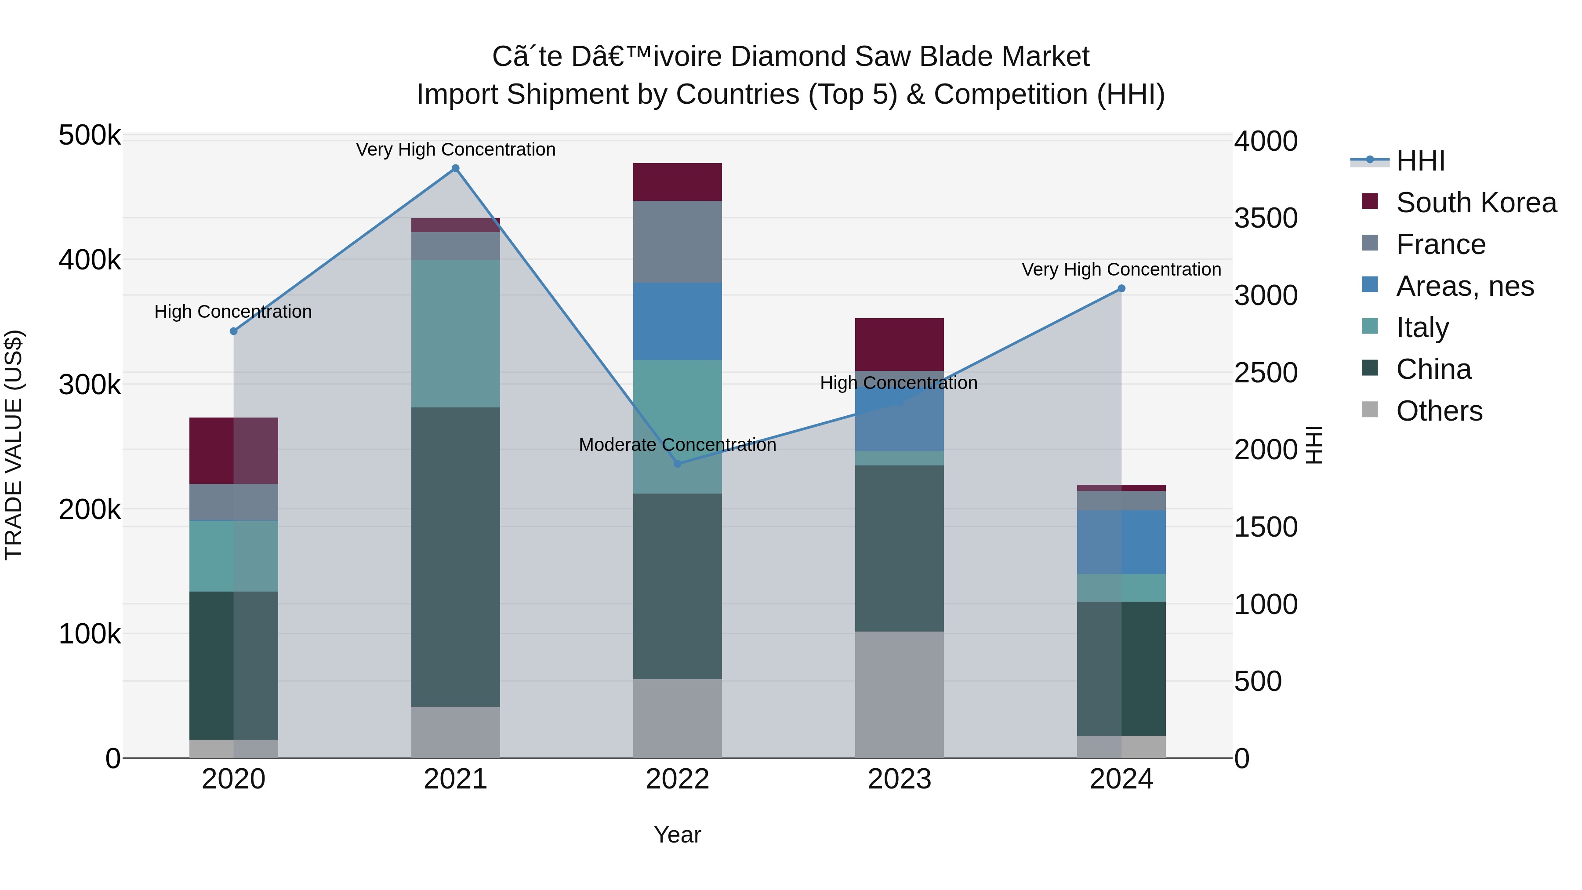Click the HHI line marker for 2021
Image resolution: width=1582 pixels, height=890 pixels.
[x=456, y=168]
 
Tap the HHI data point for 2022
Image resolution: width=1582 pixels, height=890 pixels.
[x=677, y=464]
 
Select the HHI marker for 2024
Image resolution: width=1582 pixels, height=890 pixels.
[x=1121, y=289]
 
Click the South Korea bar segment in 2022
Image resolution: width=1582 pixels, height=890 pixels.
[x=677, y=182]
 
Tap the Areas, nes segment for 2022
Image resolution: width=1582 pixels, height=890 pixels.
[x=677, y=321]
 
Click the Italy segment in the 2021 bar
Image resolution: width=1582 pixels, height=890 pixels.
[x=456, y=334]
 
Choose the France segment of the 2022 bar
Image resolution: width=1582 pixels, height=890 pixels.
[x=677, y=241]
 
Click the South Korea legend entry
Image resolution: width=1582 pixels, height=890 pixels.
[x=1476, y=203]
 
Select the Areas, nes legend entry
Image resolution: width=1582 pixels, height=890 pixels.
[x=1465, y=286]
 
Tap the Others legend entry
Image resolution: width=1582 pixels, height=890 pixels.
[x=1439, y=411]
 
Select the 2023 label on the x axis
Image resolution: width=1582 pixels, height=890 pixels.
[x=899, y=779]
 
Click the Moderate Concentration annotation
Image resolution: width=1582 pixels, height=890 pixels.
[x=677, y=445]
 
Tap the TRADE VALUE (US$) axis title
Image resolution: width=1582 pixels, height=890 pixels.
[x=14, y=445]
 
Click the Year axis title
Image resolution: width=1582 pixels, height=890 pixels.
[x=677, y=835]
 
